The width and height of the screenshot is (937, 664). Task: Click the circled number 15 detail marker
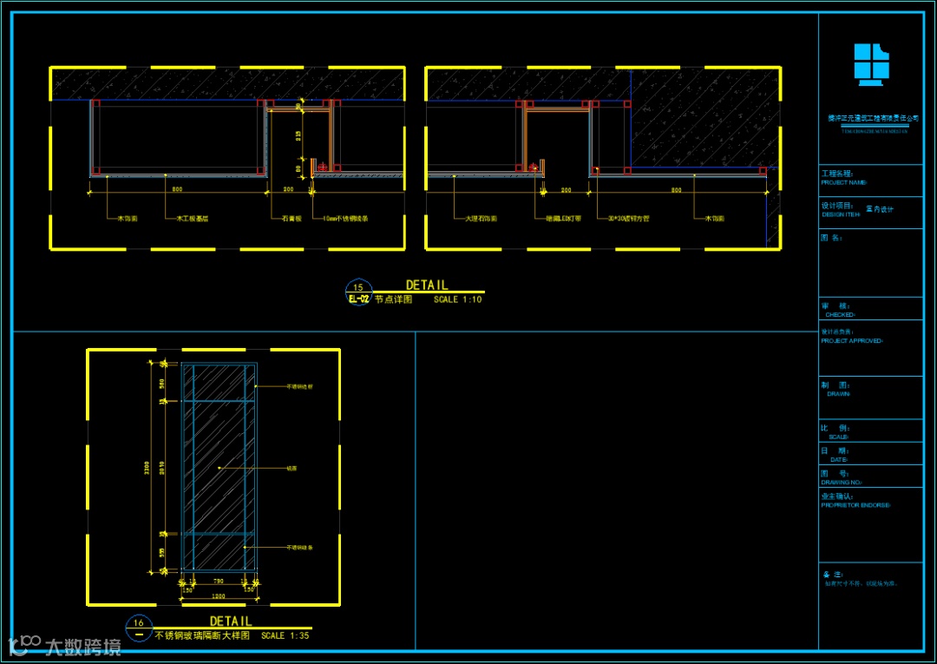[x=358, y=287]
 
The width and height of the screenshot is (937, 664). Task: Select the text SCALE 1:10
[x=457, y=299]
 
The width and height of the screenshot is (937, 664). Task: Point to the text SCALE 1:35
[x=285, y=635]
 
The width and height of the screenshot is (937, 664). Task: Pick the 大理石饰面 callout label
[x=481, y=220]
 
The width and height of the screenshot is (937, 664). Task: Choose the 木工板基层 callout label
[x=192, y=220]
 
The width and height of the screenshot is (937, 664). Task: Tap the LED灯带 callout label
[x=563, y=220]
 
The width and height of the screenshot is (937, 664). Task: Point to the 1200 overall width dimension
[x=219, y=596]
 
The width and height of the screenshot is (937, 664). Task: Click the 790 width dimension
[x=219, y=582]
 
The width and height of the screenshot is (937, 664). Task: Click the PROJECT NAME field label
[x=843, y=183]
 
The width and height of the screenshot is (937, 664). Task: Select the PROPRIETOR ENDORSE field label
[x=855, y=504]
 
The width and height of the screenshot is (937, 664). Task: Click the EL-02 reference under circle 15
[x=358, y=299]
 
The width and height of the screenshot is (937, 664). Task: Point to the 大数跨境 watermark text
[x=83, y=646]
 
